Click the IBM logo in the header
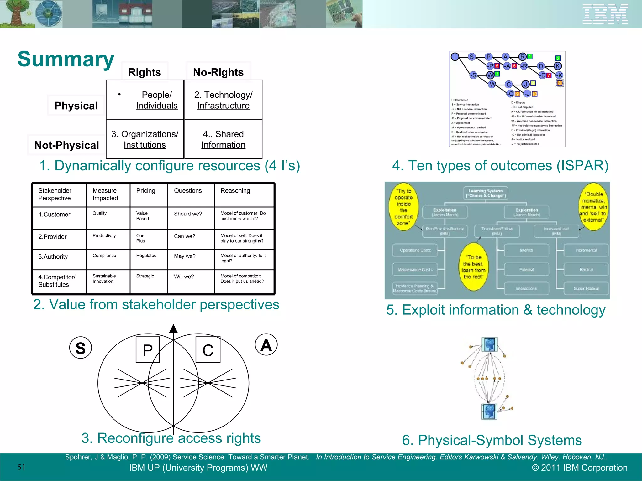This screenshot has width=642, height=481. click(605, 14)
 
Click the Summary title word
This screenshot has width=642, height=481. click(66, 59)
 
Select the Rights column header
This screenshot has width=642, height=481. click(145, 72)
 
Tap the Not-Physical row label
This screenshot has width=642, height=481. click(66, 145)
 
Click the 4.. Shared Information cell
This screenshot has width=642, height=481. click(223, 139)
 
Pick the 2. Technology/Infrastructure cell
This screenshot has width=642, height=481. click(223, 100)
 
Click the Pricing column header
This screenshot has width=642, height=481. click(146, 191)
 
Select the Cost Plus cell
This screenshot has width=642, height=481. click(141, 238)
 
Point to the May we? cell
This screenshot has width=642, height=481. click(185, 256)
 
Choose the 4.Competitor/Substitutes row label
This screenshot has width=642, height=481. click(57, 281)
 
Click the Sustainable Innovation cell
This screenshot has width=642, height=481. click(104, 279)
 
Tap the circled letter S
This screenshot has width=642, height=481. click(81, 348)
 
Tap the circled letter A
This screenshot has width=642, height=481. click(266, 345)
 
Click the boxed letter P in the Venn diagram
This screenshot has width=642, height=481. click(148, 350)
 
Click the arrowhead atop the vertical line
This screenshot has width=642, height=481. click(173, 329)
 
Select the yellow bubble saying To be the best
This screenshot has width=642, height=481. click(473, 267)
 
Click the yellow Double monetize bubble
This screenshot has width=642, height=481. click(593, 207)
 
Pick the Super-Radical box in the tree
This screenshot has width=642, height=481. click(586, 288)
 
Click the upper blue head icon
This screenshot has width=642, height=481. click(489, 345)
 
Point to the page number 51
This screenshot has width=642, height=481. click(21, 467)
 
